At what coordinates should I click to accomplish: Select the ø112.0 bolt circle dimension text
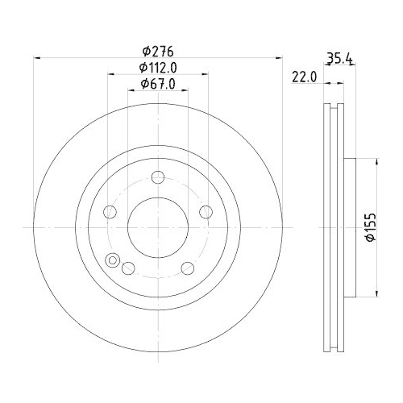pyautogui.click(x=158, y=67)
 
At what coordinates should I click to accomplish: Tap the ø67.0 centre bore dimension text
pyautogui.click(x=158, y=84)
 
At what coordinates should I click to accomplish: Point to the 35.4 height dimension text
pyautogui.click(x=341, y=57)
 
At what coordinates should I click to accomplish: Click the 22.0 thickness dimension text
pyautogui.click(x=303, y=77)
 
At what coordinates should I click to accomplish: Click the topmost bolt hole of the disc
pyautogui.click(x=159, y=177)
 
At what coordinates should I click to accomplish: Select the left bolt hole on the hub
pyautogui.click(x=111, y=212)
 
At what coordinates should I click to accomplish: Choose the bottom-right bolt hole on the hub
pyautogui.click(x=188, y=268)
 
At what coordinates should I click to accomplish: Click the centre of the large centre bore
pyautogui.click(x=159, y=227)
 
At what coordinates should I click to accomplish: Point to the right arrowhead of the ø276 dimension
pyautogui.click(x=280, y=56)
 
